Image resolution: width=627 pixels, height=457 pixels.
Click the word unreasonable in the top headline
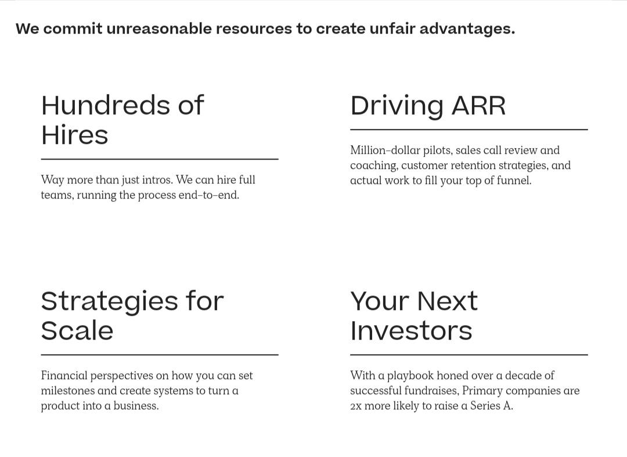158,29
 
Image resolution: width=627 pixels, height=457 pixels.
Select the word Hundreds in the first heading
106,105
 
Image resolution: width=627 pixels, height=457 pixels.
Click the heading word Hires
75,135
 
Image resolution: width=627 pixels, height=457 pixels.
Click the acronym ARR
479,106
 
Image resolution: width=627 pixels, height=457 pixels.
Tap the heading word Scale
77,330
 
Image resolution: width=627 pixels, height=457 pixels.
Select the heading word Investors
411,330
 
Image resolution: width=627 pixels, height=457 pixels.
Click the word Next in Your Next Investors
447,301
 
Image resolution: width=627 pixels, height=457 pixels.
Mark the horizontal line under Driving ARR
469,129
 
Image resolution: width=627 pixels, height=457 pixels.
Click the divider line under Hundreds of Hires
160,159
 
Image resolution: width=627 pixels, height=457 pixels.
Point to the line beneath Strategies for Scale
160,355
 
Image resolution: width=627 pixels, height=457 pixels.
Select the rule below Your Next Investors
469,355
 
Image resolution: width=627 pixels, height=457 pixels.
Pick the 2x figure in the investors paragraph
355,406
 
